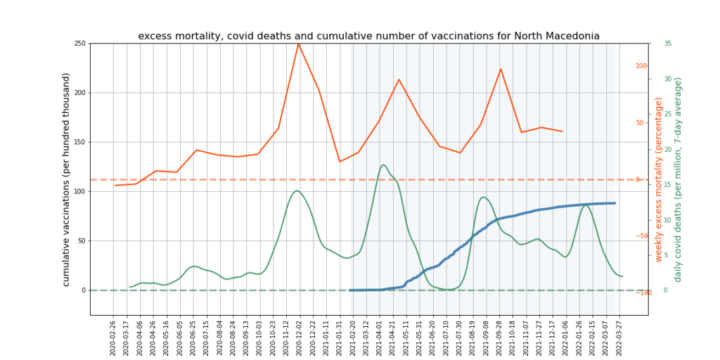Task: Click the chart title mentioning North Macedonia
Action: pos(368,36)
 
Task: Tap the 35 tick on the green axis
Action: pos(667,44)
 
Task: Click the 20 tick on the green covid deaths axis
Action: pos(667,149)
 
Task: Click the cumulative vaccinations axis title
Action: pos(66,179)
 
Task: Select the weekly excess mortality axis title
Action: pos(659,180)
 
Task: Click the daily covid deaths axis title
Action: pos(678,180)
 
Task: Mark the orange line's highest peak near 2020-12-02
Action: pos(299,44)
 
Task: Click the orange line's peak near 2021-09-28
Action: pos(501,69)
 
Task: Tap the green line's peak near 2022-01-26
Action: pos(585,205)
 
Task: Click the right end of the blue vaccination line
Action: pos(615,203)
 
